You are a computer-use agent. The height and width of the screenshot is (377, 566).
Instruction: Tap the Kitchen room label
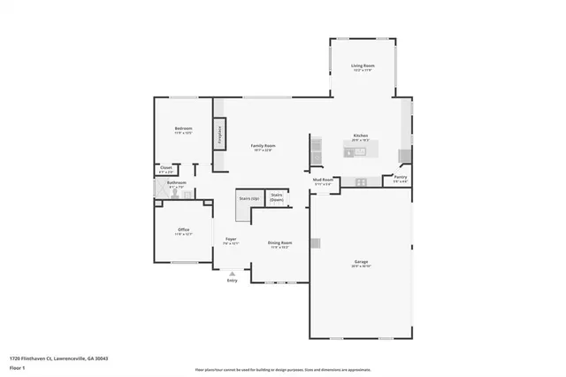(360, 135)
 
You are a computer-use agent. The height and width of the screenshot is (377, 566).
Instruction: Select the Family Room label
(263, 145)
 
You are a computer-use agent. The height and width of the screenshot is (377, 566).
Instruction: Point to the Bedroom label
(183, 129)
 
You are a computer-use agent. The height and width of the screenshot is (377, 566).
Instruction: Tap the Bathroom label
(176, 183)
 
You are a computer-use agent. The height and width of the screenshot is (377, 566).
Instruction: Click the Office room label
(183, 230)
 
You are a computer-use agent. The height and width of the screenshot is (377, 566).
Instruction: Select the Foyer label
(230, 239)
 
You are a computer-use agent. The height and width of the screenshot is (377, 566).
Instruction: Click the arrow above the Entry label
(232, 273)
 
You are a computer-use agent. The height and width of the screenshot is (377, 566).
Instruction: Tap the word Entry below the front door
(232, 281)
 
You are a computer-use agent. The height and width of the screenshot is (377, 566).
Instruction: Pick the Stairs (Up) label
(249, 199)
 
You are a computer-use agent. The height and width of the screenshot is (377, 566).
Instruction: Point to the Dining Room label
(280, 242)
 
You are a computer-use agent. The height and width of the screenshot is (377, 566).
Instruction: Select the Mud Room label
(323, 180)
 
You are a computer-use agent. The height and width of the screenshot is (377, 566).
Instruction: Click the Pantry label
(400, 178)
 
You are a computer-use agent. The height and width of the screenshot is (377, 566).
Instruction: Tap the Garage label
(361, 262)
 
